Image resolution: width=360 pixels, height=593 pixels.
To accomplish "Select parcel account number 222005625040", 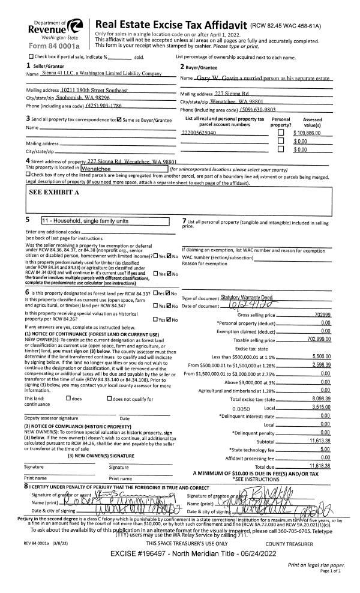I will click(x=199, y=132).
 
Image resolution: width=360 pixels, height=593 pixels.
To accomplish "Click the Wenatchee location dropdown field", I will click(x=124, y=169).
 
